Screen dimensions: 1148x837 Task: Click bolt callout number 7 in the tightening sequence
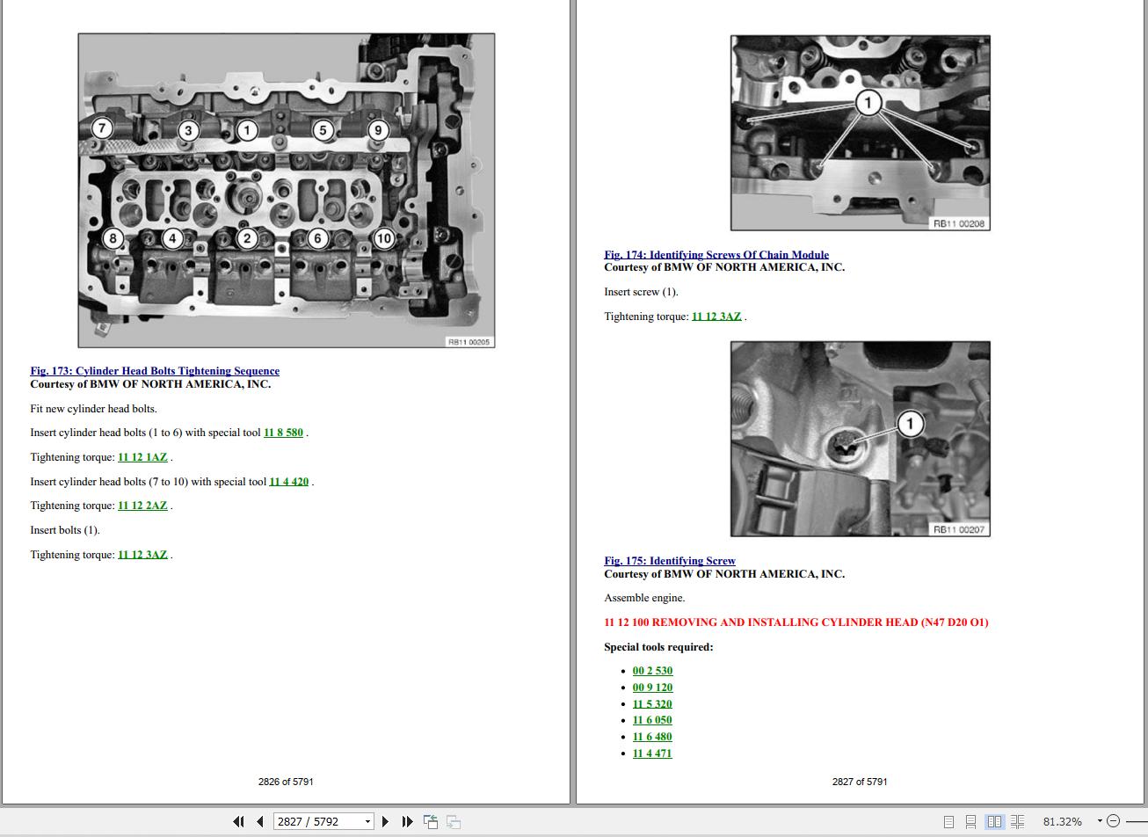click(102, 128)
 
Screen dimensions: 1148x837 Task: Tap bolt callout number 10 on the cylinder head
click(384, 238)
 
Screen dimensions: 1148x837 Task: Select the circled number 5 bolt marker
click(323, 131)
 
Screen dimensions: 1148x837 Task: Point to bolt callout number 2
click(247, 238)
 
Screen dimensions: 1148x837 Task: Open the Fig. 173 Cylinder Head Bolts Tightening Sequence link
click(155, 370)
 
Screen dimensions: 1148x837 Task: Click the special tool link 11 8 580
click(283, 433)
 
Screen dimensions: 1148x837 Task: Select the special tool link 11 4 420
click(289, 482)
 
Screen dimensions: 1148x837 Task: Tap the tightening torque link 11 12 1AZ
click(142, 457)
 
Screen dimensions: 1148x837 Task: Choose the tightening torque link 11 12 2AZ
click(142, 506)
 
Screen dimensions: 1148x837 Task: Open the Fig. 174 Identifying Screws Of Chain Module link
click(716, 254)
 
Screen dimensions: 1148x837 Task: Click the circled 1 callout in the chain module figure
click(868, 103)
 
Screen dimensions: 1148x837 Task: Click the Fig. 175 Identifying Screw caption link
click(670, 561)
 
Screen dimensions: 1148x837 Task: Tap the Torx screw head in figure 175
click(844, 445)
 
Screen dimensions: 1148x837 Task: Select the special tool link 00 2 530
click(652, 671)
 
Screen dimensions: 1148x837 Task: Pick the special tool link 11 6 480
click(652, 737)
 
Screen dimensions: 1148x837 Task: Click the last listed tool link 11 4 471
click(652, 753)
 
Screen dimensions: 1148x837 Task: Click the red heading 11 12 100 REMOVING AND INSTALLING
click(796, 622)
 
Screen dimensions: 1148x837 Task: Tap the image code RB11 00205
click(469, 342)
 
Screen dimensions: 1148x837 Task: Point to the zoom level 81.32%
click(1063, 822)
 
